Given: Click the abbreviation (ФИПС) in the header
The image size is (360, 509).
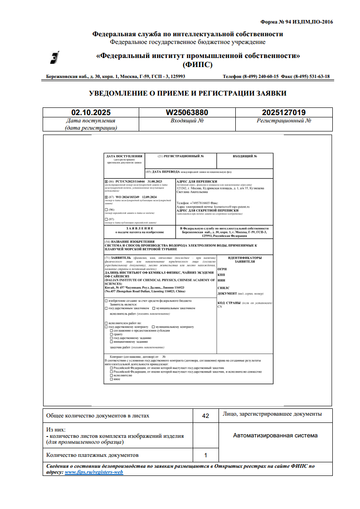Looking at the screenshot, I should (198, 64).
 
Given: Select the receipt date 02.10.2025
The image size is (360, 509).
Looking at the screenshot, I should (91, 112).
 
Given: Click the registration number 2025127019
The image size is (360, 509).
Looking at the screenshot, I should (284, 112).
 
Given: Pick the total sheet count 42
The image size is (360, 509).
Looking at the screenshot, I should (205, 416).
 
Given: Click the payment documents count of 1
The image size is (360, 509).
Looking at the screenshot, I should (205, 455).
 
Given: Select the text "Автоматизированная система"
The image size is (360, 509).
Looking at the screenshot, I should (275, 436).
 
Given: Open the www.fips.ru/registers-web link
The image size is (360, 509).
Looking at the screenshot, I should (94, 472).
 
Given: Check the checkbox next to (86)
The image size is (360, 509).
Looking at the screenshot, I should (106, 181).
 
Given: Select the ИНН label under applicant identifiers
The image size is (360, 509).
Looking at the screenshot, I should (221, 281).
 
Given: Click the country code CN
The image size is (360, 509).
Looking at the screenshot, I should (220, 307).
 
